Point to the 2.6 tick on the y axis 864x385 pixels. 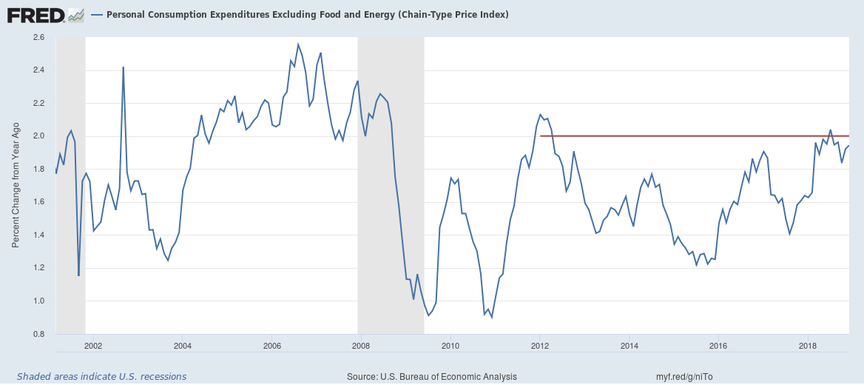point(39,37)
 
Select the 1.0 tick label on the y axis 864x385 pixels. point(39,301)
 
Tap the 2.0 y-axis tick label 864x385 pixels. point(39,136)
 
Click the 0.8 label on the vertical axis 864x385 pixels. point(39,334)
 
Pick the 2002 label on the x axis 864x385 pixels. point(93,345)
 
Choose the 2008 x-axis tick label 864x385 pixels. point(361,345)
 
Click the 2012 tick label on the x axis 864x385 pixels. point(540,345)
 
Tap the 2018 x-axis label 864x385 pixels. point(809,345)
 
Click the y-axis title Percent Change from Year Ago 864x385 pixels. point(16,185)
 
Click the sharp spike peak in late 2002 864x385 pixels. point(123,67)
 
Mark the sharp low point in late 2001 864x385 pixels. point(78,275)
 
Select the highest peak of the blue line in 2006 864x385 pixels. point(298,44)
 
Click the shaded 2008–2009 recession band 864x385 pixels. point(391,185)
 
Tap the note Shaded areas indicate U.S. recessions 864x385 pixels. point(101,376)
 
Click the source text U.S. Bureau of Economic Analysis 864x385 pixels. point(431,376)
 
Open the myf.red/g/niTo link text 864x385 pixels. point(684,376)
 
